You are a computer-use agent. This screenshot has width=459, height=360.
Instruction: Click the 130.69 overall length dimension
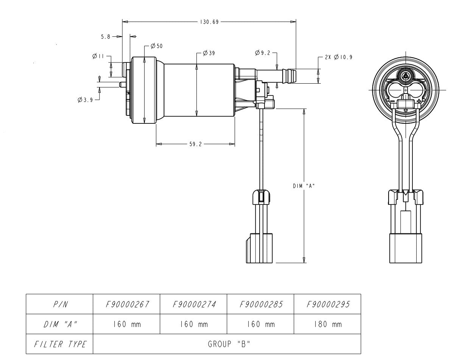tap(208, 22)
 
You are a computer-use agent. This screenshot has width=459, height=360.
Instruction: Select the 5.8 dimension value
tap(106, 36)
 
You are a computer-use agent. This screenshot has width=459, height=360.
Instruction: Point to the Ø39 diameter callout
tap(208, 53)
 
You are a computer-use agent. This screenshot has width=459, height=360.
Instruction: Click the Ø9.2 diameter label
tap(263, 53)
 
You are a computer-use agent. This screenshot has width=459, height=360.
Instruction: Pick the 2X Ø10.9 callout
tap(339, 57)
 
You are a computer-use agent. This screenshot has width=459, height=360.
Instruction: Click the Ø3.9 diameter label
tap(85, 100)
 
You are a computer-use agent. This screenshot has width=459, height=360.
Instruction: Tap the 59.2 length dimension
tap(195, 144)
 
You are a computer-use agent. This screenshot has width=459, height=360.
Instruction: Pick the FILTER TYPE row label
tap(59, 344)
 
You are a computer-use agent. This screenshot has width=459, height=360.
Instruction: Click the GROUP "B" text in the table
tap(227, 344)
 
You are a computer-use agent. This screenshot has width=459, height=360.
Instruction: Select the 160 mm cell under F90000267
tap(126, 324)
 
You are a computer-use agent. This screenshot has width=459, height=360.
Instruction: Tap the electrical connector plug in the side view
tap(259, 248)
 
